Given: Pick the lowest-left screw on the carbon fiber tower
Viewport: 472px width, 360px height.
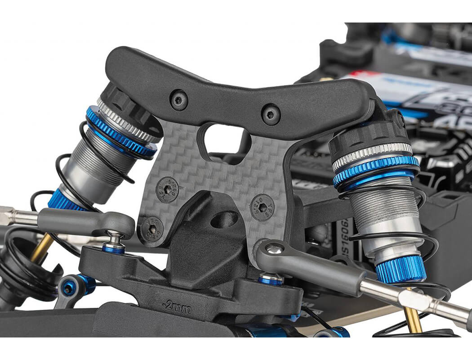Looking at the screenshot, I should tap(151, 229).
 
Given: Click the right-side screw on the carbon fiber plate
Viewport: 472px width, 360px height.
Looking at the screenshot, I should tap(263, 207).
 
